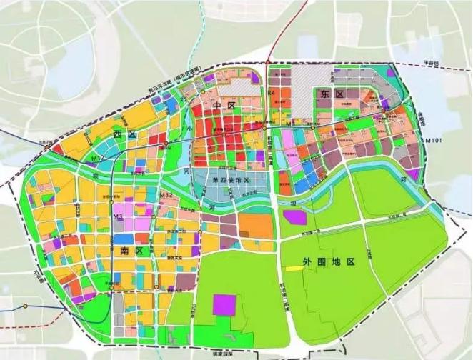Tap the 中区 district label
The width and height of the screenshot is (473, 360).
pyautogui.click(x=224, y=106)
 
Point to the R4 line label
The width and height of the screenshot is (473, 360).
pyautogui.click(x=271, y=94)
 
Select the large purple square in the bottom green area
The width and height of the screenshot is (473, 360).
pyautogui.click(x=224, y=304)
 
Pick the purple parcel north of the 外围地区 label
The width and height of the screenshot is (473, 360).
pyautogui.click(x=294, y=216)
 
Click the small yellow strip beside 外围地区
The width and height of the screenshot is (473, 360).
pyautogui.click(x=293, y=268)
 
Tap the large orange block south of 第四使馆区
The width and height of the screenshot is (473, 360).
pyautogui.click(x=255, y=226)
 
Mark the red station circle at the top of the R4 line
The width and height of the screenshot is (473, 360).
pyautogui.click(x=269, y=61)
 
